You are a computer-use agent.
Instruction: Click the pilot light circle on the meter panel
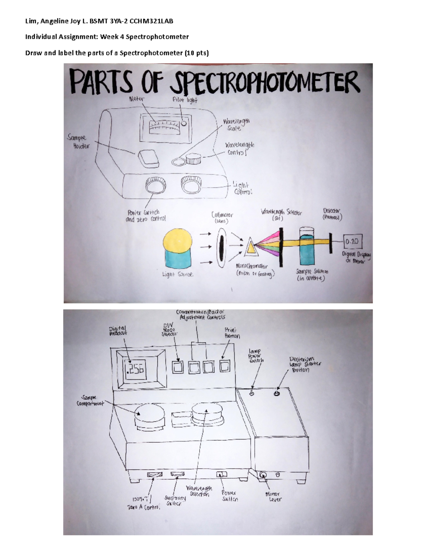tap(184, 123)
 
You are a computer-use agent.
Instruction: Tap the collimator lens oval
tap(222, 247)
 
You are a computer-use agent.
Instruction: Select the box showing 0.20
tap(353, 242)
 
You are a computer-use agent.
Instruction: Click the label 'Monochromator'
tap(252, 266)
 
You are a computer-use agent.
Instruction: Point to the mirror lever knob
tap(263, 475)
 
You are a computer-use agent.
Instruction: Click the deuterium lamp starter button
tap(276, 393)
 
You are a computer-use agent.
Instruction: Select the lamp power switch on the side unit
tap(252, 393)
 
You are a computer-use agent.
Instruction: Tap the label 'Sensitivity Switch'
tap(175, 500)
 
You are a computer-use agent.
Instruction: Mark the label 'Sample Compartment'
tap(90, 401)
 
